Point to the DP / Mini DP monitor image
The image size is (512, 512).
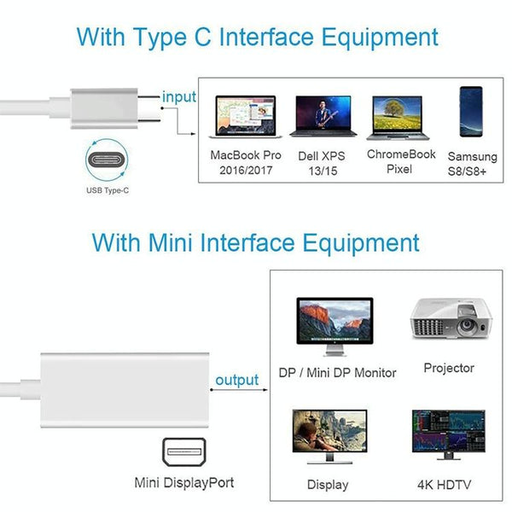point(335,328)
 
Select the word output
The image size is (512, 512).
point(236,381)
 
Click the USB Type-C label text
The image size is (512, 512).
point(108,190)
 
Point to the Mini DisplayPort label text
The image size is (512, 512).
point(184,482)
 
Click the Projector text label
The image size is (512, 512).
point(449,368)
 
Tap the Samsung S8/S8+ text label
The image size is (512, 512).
point(472,163)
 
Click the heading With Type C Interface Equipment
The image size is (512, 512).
point(257,38)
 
